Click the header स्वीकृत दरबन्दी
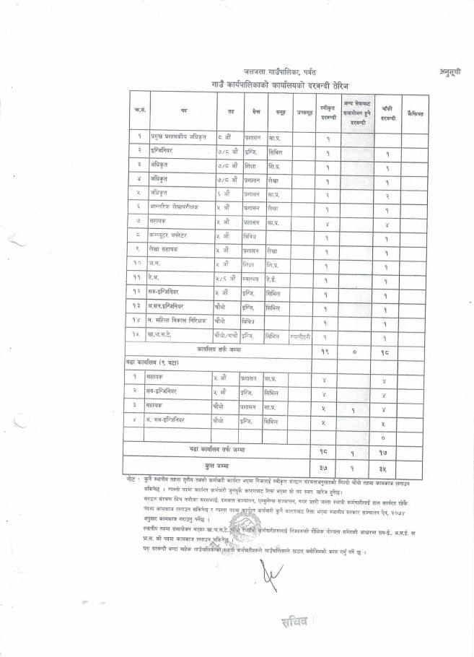(x=328, y=113)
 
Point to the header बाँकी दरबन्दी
(x=387, y=113)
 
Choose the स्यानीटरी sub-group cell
(x=302, y=336)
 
